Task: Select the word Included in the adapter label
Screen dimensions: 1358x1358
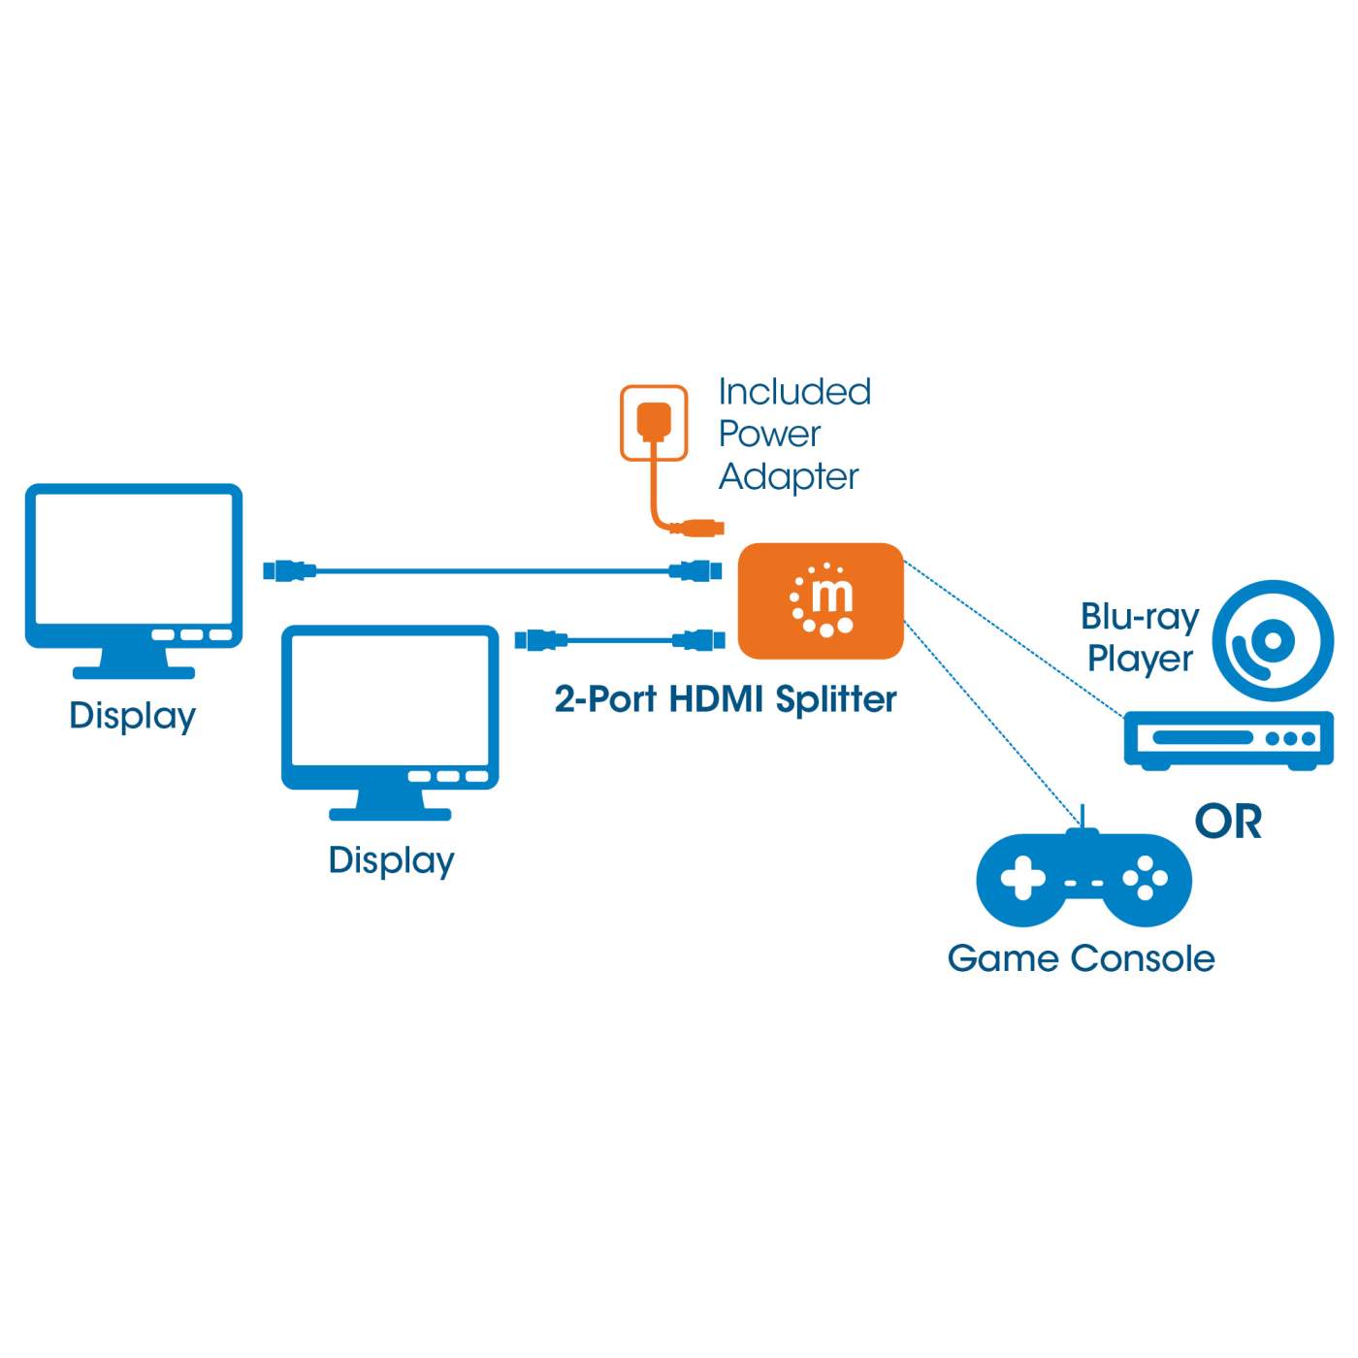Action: click(794, 392)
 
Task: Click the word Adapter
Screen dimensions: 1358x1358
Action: click(788, 477)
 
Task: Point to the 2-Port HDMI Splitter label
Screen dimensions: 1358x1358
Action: click(725, 699)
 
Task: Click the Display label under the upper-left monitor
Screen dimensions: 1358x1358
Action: click(132, 717)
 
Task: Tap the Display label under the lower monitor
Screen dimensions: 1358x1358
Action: click(391, 861)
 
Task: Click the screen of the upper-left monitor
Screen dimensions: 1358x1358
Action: click(133, 557)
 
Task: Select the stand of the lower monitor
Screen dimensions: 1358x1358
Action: click(390, 804)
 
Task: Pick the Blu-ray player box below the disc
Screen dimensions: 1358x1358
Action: click(1228, 739)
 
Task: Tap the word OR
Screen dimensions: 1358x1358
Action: click(1228, 823)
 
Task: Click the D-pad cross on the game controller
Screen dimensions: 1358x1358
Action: click(1022, 879)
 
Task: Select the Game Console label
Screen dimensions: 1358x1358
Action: click(1081, 958)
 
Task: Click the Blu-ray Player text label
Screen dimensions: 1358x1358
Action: click(1140, 637)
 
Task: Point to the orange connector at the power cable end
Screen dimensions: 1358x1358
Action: click(700, 529)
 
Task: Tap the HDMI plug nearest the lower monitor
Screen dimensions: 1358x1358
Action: click(541, 639)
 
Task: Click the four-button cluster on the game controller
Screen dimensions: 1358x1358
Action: click(1145, 879)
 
